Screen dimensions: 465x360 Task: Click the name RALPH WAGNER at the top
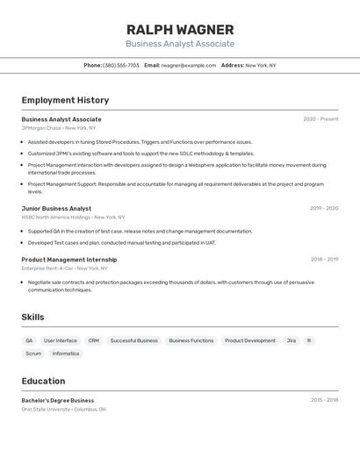(180, 30)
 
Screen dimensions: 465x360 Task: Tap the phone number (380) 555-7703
(121, 65)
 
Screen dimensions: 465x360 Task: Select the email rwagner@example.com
(189, 65)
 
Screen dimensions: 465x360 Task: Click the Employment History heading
(65, 100)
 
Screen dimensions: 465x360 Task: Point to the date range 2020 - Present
(320, 119)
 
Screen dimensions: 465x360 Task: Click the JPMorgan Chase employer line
(59, 128)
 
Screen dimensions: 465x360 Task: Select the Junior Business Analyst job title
(56, 209)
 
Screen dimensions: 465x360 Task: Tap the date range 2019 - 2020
(324, 209)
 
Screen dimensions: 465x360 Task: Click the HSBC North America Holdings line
(73, 217)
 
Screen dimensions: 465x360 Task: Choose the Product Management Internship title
(68, 260)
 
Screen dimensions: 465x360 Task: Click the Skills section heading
(32, 317)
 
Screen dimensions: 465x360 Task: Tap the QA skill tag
(29, 340)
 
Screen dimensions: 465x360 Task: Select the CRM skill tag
(94, 340)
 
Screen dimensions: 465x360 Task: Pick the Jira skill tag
(291, 340)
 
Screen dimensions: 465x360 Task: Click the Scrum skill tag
(33, 354)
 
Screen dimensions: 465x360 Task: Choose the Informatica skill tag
(66, 354)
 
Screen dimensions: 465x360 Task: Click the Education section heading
(43, 381)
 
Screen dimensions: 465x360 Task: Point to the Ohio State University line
(63, 409)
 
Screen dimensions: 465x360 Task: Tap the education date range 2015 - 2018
(324, 400)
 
